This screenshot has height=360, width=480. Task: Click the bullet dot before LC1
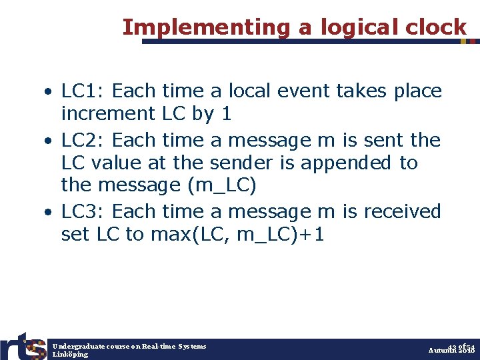tap(50, 91)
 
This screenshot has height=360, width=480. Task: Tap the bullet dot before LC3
tap(50, 212)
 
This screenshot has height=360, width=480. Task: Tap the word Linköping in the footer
tap(70, 355)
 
